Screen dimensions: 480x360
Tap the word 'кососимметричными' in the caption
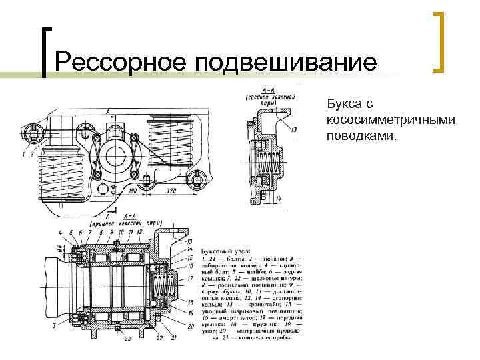[x=391, y=120]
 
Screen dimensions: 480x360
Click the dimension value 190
[x=134, y=191]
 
